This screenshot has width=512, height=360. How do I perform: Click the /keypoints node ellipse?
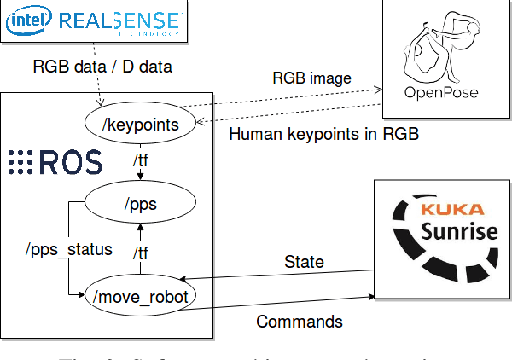point(141,125)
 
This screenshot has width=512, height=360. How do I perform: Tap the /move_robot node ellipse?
point(141,295)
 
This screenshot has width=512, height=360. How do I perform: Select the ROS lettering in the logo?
point(70,161)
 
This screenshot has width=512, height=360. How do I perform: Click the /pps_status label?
point(68,250)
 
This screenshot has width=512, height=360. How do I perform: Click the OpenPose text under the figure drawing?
point(441,92)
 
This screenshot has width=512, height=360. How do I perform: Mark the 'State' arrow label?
point(303,262)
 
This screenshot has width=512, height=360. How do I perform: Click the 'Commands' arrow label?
point(300,322)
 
